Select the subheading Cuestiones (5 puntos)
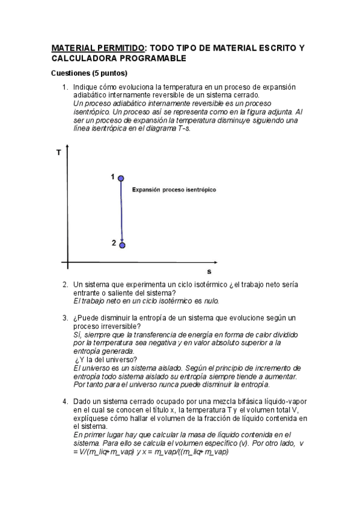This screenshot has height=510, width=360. point(89,73)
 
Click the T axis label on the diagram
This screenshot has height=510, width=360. point(58,153)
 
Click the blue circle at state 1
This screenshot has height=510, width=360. point(121,178)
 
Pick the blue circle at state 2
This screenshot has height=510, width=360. point(122,245)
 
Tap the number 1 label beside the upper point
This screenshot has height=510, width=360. point(112,176)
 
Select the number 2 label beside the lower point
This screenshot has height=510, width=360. point(113,243)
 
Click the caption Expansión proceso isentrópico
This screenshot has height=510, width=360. point(174,189)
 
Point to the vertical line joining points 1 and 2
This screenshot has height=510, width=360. point(121,210)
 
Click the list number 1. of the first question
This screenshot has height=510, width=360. point(66,87)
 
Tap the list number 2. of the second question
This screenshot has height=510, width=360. point(66,284)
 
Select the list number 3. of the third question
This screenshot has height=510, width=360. point(66,318)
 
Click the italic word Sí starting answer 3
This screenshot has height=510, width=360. point(76,334)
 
